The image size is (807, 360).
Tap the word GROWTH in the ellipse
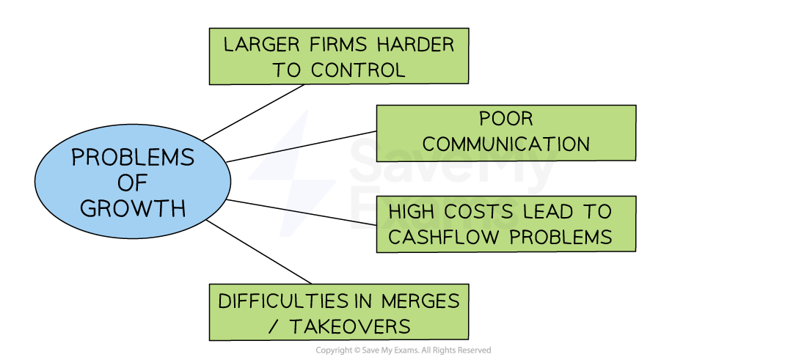(133, 208)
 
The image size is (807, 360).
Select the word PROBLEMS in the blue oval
(133, 158)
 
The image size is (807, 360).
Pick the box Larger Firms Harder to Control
(338, 56)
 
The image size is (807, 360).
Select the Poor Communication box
(505, 133)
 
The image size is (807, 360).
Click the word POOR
(506, 119)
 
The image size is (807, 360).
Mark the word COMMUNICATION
(506, 144)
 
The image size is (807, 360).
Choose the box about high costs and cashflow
(505, 224)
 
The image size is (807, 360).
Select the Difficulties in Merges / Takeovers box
(338, 312)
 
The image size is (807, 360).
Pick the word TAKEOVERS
(350, 326)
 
